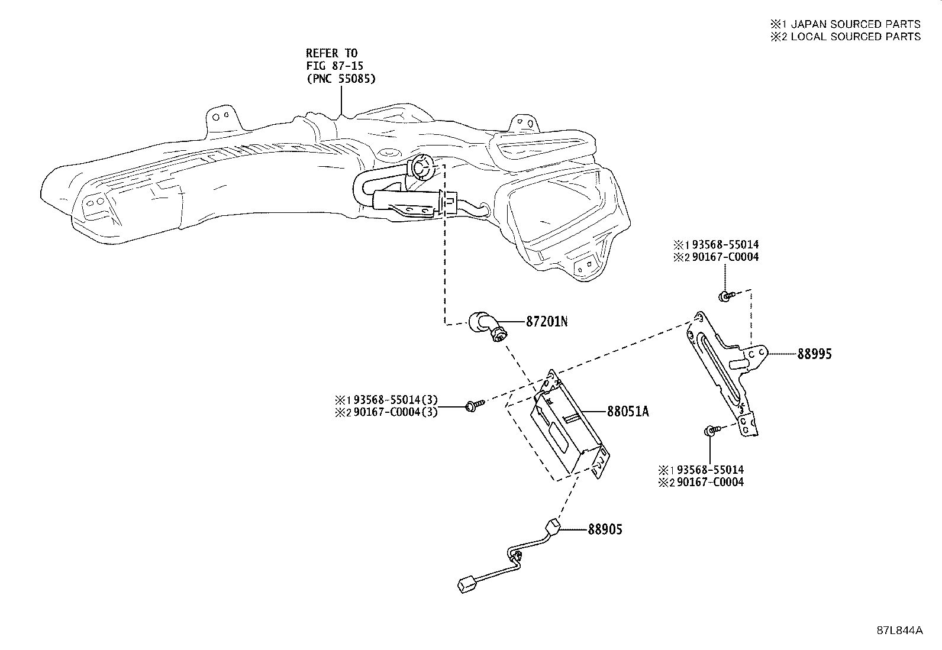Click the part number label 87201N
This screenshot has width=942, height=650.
tap(547, 322)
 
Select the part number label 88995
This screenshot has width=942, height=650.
tap(815, 354)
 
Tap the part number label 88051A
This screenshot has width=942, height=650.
tap(628, 411)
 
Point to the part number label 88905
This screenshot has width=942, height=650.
tap(605, 529)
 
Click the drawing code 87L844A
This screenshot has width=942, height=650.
tap(899, 630)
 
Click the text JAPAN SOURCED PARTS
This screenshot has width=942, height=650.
tap(856, 24)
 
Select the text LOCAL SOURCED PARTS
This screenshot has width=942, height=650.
tap(856, 37)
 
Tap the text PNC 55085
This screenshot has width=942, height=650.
tap(341, 79)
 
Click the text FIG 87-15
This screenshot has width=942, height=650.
tap(334, 66)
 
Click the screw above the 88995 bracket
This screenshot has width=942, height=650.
tap(726, 296)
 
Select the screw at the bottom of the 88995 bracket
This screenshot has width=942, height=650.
tap(712, 430)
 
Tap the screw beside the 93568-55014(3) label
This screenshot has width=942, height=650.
tap(475, 405)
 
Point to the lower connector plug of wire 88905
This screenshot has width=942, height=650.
tap(466, 586)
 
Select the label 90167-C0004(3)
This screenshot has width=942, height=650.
tap(395, 412)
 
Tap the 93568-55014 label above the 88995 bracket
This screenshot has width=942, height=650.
tap(725, 244)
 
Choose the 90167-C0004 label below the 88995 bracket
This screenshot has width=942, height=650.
tap(710, 482)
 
